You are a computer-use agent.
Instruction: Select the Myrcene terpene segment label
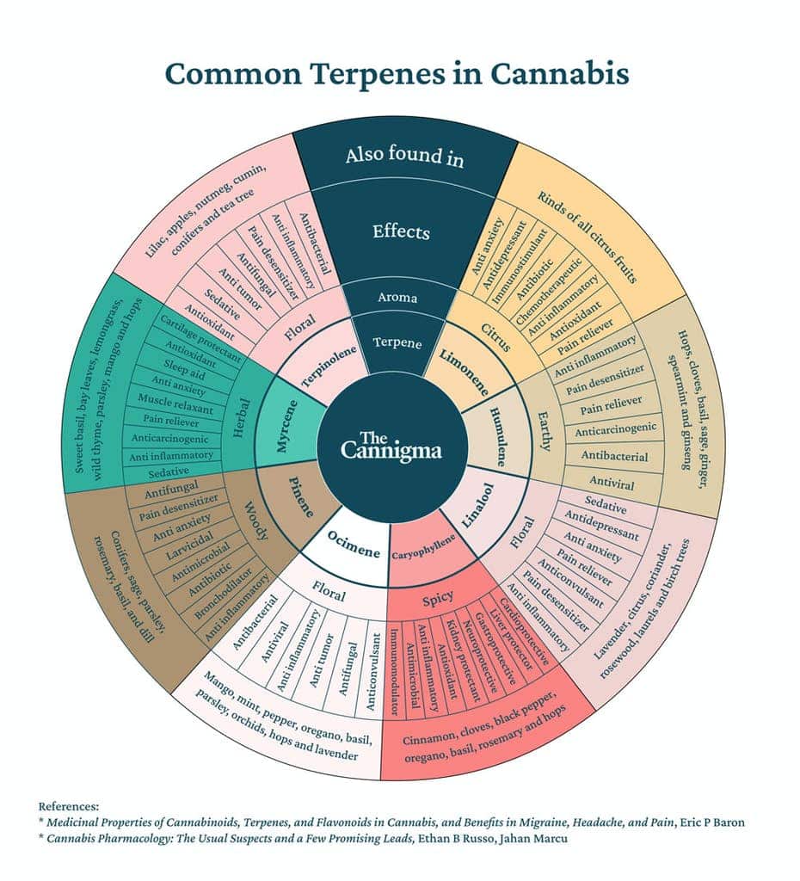coord(286,426)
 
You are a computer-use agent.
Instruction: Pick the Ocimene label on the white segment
coord(354,544)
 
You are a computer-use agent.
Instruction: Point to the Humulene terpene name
coord(498,436)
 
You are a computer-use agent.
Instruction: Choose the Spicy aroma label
coord(438,600)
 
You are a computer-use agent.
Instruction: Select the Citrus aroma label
coord(495,336)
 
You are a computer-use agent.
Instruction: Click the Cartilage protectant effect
coord(200,338)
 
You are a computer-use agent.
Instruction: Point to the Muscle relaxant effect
coord(175,404)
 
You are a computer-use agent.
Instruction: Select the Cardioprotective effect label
coord(524,632)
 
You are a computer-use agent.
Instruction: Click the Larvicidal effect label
coord(189,545)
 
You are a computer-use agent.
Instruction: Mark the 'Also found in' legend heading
coord(404,156)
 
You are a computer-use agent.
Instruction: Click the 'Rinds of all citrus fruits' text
coord(587,237)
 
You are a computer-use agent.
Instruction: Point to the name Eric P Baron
coord(712,822)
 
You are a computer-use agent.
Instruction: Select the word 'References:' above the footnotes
coord(69,806)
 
